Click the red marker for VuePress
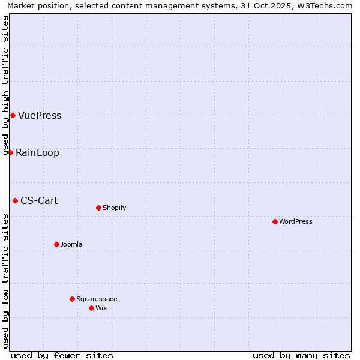coord(13,115)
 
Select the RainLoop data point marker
coord(10,152)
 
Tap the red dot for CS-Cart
coord(15,200)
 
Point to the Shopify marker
coord(98,208)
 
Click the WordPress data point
coord(275,221)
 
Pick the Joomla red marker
coord(56,244)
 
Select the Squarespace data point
coord(72,299)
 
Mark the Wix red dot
coord(91,308)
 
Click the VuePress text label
coord(40,116)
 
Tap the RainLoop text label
coord(37,153)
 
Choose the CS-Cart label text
coord(39,201)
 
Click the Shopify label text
coord(114,208)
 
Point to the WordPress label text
coord(296,222)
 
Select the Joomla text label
coord(71,245)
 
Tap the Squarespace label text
coord(97,299)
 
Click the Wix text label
coord(101,308)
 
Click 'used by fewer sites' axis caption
coord(62,355)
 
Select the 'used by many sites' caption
coord(301,355)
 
